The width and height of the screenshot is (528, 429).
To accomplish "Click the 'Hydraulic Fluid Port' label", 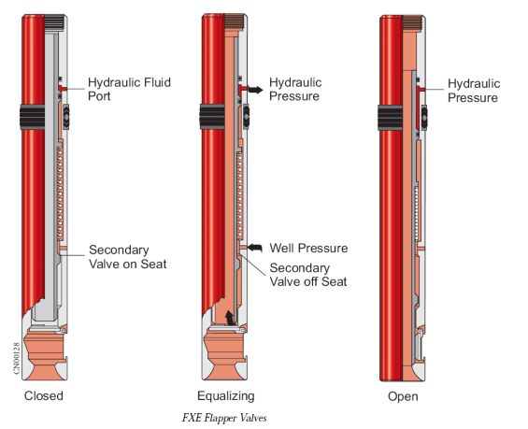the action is click(129, 89).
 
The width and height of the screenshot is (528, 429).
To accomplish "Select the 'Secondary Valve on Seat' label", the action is click(128, 257).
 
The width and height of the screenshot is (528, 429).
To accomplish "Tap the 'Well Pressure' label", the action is click(308, 249).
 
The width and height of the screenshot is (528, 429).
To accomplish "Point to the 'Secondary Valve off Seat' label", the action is click(308, 275).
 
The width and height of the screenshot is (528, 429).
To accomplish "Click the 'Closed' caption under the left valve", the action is click(43, 395).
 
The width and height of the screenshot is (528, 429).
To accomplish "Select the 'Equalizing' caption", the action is click(226, 396).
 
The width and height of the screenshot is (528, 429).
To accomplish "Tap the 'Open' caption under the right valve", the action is click(403, 396).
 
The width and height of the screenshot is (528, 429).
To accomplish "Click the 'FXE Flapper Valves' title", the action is click(224, 418).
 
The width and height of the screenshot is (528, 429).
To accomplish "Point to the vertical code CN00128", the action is click(17, 358).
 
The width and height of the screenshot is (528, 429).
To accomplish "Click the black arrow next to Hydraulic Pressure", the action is click(256, 90).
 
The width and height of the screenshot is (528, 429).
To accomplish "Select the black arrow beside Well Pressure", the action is click(255, 248).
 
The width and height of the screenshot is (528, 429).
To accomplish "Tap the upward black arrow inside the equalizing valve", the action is click(230, 318).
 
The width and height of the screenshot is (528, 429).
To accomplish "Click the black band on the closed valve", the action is click(33, 117).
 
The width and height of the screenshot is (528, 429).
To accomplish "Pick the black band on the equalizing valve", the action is click(212, 117).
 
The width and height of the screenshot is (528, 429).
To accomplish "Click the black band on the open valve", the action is click(390, 118).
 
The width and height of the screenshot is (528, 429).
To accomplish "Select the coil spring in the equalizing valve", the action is click(240, 195).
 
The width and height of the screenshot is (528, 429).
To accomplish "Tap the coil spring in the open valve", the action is click(417, 213).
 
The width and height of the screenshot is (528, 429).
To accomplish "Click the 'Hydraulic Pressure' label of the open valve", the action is click(474, 91).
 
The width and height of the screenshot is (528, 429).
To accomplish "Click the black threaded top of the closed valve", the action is click(54, 22).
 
